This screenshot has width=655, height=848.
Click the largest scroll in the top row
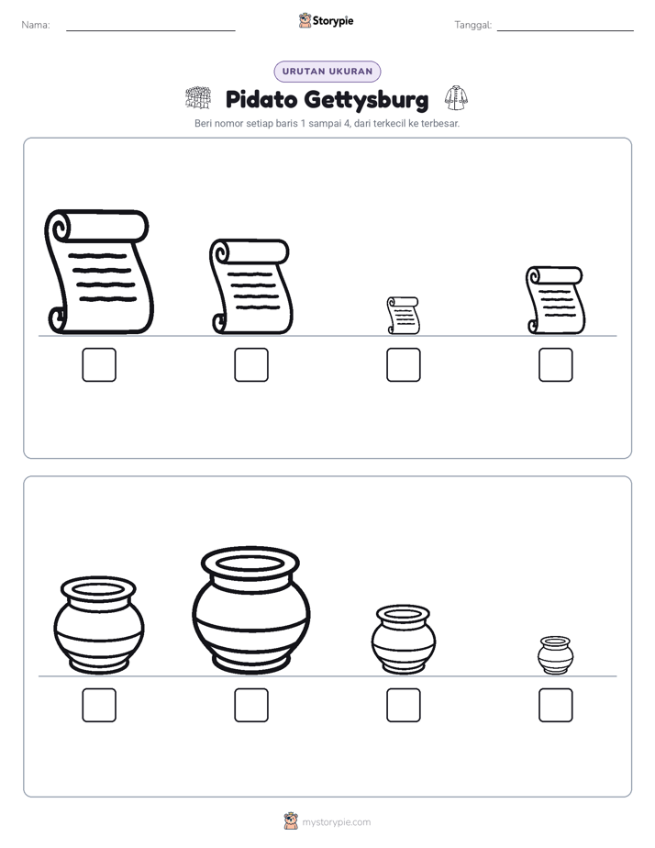click(98, 272)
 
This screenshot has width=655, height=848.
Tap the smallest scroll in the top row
click(403, 316)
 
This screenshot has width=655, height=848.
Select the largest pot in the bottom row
click(250, 610)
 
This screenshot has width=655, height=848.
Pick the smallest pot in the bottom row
click(556, 655)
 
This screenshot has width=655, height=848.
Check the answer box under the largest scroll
click(99, 364)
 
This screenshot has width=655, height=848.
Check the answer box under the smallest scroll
click(403, 364)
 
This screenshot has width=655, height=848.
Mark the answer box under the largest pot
click(251, 705)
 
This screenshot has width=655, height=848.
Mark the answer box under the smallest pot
click(556, 705)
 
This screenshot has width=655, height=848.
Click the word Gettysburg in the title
click(366, 100)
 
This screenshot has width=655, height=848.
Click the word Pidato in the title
click(261, 99)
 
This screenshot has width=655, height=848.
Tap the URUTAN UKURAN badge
click(327, 72)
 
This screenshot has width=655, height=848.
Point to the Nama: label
click(36, 25)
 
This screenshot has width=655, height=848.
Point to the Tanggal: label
click(472, 25)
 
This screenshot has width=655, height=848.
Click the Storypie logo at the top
click(326, 20)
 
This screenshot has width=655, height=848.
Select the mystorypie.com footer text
click(336, 822)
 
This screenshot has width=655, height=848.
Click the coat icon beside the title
click(456, 98)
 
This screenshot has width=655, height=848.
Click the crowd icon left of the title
click(198, 97)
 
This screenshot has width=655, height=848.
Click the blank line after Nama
click(150, 30)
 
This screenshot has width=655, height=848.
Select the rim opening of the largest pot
click(250, 563)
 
